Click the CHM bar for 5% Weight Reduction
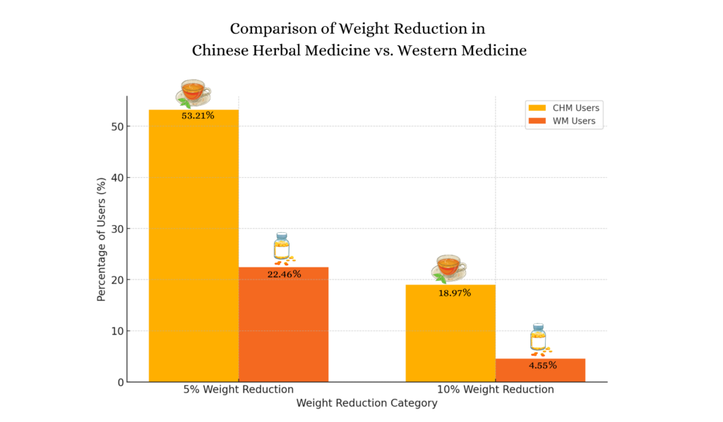(193, 247)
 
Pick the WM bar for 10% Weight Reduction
(540, 372)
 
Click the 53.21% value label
(198, 115)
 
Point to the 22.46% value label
(284, 274)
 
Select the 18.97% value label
(454, 292)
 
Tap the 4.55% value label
(542, 366)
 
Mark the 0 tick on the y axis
(119, 382)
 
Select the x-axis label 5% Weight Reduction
(238, 390)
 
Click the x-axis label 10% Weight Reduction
(495, 390)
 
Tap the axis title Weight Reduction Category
(366, 404)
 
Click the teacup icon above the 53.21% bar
(194, 92)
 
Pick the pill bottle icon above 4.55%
(539, 338)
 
